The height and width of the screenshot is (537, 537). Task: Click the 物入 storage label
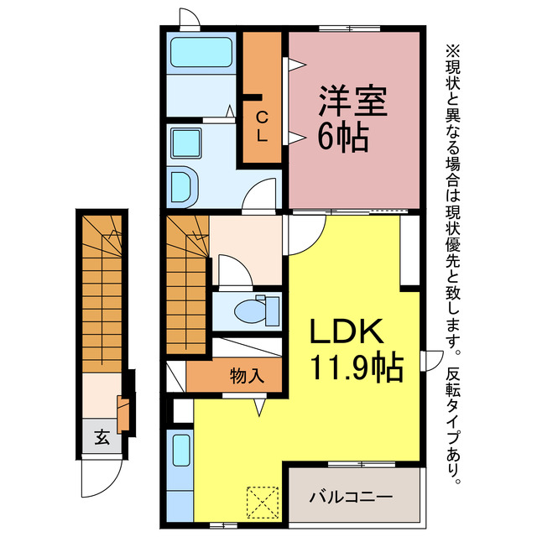pyautogui.click(x=247, y=375)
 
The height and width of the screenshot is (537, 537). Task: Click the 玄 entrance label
pyautogui.click(x=101, y=437)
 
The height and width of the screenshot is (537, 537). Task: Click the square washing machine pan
pyautogui.click(x=185, y=143)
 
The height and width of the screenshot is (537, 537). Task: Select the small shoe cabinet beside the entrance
pyautogui.click(x=124, y=416)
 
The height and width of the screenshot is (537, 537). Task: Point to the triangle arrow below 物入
pyautogui.click(x=260, y=405)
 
